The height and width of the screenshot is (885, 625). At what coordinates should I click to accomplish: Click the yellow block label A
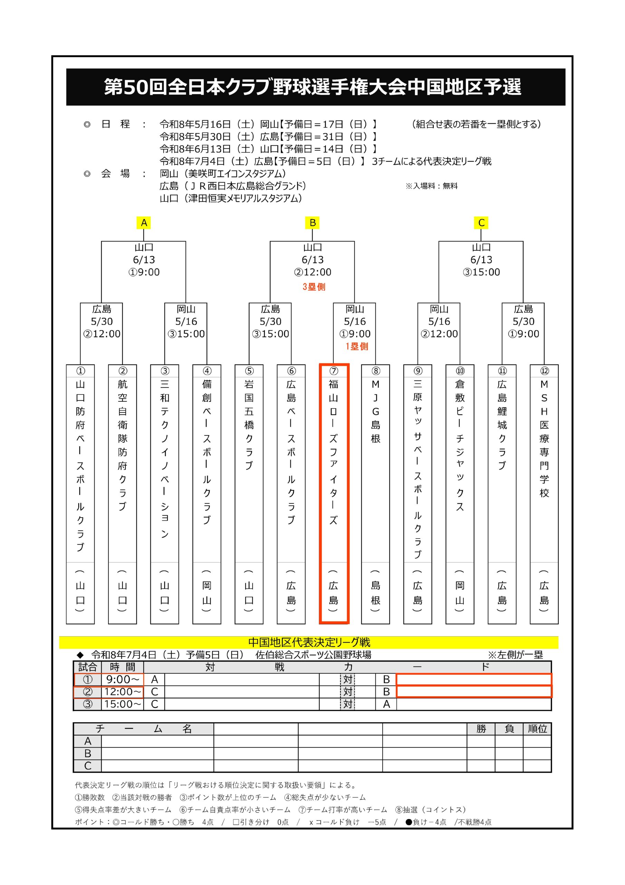pos(144,223)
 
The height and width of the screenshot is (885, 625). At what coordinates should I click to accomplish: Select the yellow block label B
pos(313,223)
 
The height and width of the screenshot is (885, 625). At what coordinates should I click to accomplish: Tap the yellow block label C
pos(481,223)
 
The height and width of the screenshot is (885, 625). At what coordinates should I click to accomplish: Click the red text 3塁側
pos(314,287)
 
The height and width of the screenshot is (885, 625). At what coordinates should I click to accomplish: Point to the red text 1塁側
pos(357,346)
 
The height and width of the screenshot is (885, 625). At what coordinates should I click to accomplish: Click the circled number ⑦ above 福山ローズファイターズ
pos(334,371)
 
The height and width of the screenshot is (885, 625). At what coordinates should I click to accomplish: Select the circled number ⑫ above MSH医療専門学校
pos(544,371)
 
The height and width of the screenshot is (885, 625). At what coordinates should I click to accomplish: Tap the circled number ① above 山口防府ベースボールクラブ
pos(80,371)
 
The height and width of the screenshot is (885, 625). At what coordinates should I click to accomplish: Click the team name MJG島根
pos(375,411)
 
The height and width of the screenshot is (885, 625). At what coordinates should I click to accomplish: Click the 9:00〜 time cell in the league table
pos(123,679)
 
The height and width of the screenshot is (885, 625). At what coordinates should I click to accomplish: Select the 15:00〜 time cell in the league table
pos(123,704)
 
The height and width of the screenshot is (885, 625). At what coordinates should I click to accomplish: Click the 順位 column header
pos(537,728)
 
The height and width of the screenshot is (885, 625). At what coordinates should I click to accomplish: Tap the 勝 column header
pos(481,728)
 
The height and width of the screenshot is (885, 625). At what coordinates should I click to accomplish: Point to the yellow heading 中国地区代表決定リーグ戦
pos(309,642)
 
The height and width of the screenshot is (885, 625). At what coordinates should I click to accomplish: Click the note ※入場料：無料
pos(431,186)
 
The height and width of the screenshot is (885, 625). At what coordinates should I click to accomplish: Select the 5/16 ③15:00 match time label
pos(186,328)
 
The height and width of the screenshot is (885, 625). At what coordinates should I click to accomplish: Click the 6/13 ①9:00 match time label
pos(144,266)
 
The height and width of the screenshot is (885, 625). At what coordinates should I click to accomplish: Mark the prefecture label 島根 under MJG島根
pos(375,593)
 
